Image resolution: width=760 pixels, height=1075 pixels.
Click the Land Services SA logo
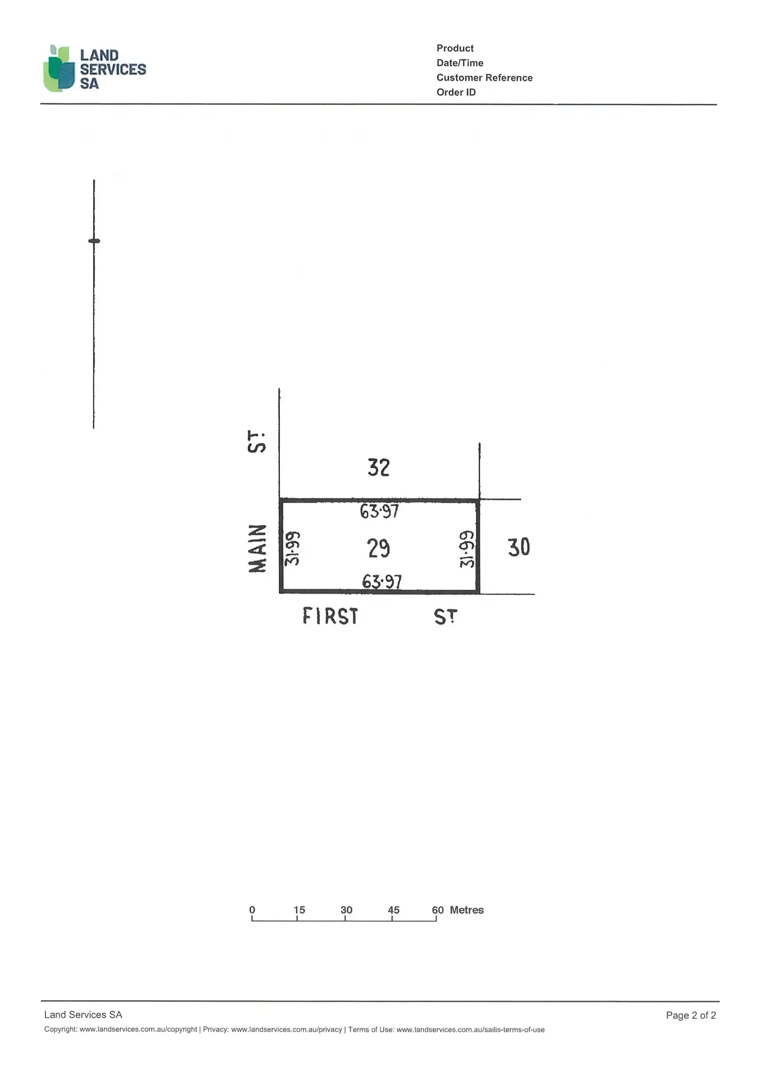pyautogui.click(x=94, y=69)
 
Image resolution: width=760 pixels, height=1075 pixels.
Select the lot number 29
pyautogui.click(x=378, y=548)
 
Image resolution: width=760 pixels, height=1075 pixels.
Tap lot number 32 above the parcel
pyautogui.click(x=378, y=468)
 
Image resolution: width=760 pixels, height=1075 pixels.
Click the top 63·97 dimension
pyautogui.click(x=379, y=512)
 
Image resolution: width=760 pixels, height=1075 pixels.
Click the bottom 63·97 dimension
pyautogui.click(x=382, y=582)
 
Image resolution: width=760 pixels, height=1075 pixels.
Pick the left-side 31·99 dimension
pyautogui.click(x=292, y=548)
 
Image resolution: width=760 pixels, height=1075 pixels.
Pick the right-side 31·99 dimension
pyautogui.click(x=467, y=549)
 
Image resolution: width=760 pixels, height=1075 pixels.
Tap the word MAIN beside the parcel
pyautogui.click(x=258, y=548)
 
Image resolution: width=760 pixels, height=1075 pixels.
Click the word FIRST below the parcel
pyautogui.click(x=330, y=616)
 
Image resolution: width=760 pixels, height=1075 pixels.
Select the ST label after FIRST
pyautogui.click(x=445, y=617)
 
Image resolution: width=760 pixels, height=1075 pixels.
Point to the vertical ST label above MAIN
pyautogui.click(x=257, y=442)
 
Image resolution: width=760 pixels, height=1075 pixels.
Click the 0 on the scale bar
pyautogui.click(x=252, y=910)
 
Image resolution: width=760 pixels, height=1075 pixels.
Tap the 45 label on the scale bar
pyautogui.click(x=393, y=910)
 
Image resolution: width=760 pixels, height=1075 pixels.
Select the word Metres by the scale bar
pyautogui.click(x=466, y=910)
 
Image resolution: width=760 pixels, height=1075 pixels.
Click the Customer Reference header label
pyautogui.click(x=484, y=77)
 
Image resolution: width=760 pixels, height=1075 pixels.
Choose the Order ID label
pyautogui.click(x=456, y=92)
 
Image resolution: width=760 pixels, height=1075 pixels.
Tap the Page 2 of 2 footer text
pyautogui.click(x=691, y=1015)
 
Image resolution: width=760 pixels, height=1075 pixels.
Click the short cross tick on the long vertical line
pyautogui.click(x=94, y=241)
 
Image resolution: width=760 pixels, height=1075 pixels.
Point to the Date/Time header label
pyautogui.click(x=460, y=63)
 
